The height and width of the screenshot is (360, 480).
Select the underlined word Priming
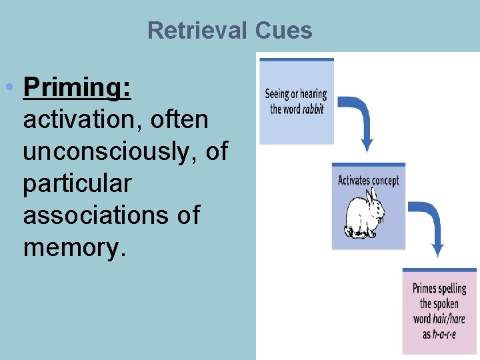(77, 88)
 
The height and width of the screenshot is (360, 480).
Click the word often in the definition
(180, 120)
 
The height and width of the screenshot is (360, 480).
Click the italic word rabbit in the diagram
(313, 109)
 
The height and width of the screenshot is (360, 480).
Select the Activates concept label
(368, 181)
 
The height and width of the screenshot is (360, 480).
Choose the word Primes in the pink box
(424, 289)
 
